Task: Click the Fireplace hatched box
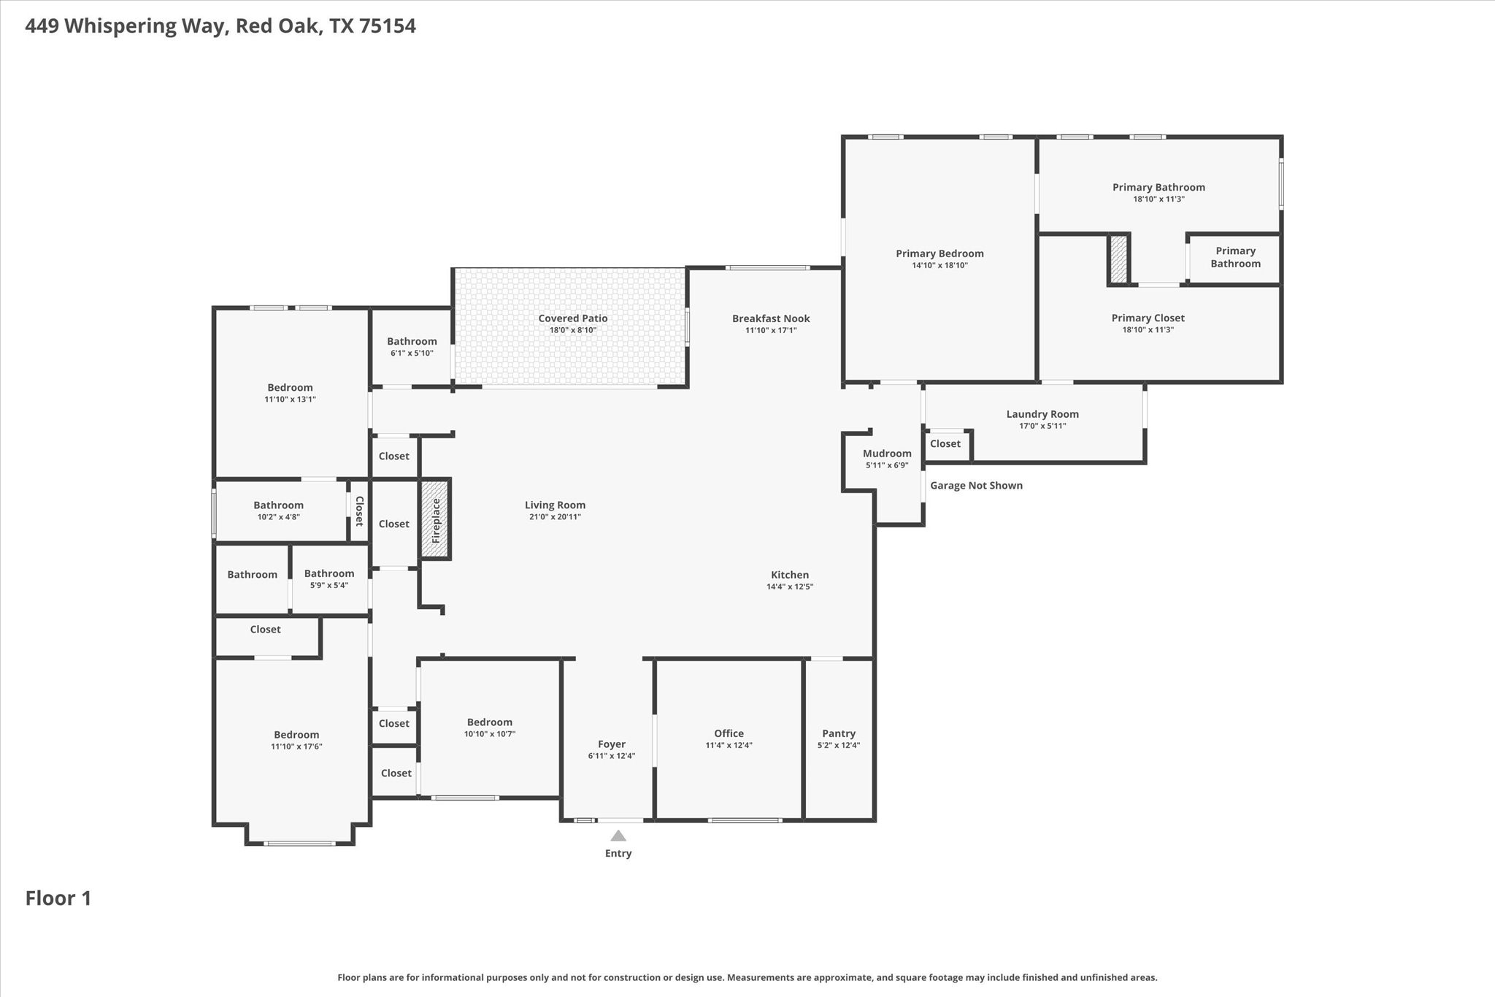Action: (435, 519)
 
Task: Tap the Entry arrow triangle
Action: (618, 836)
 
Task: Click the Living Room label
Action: (555, 505)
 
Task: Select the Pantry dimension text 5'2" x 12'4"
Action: (839, 746)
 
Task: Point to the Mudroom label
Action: (887, 454)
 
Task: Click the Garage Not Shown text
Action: (976, 486)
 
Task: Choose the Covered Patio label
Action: (573, 318)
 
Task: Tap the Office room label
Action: (729, 733)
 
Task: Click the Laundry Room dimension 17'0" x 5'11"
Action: (1042, 426)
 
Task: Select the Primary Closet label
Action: (1148, 318)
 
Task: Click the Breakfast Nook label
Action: (771, 318)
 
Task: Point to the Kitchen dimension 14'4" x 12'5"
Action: (790, 587)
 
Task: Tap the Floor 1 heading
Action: (58, 898)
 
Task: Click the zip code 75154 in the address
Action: (387, 26)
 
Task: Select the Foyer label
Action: (612, 744)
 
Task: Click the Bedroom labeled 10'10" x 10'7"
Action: (490, 722)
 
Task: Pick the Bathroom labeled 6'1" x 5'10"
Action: (412, 341)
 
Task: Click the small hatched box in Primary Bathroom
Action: (1118, 259)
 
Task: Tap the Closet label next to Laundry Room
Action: (945, 444)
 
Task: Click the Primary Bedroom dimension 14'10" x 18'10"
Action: (939, 265)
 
